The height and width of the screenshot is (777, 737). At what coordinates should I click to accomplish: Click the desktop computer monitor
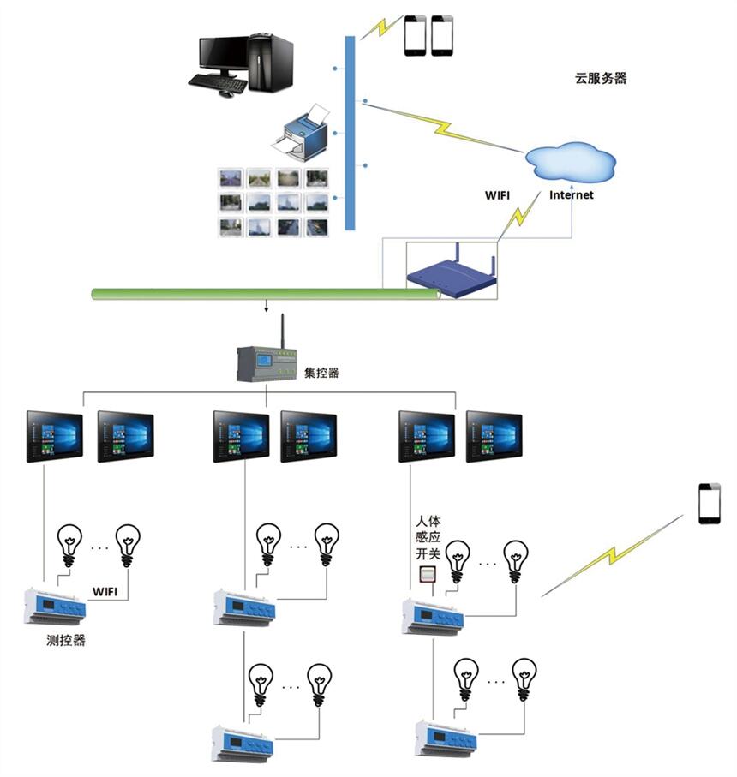tap(225, 52)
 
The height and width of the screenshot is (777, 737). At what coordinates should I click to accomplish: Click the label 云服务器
tap(600, 78)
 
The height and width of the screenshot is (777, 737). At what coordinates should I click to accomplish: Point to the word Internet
tap(572, 195)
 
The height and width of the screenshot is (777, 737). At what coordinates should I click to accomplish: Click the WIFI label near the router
tap(498, 195)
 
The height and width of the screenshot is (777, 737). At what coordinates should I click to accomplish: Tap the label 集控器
tap(321, 374)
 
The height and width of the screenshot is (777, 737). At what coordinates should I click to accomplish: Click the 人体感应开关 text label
tap(428, 536)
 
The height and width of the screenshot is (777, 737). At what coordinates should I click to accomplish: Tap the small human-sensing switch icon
tap(427, 576)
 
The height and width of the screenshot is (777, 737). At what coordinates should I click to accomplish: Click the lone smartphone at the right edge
tap(710, 503)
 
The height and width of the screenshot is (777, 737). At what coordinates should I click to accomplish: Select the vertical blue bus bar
tap(350, 133)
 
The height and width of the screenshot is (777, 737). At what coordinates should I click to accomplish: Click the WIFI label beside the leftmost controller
tap(105, 591)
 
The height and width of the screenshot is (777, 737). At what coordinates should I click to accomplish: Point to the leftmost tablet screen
tap(55, 436)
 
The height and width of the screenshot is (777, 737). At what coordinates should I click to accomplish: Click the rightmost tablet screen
tap(494, 437)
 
